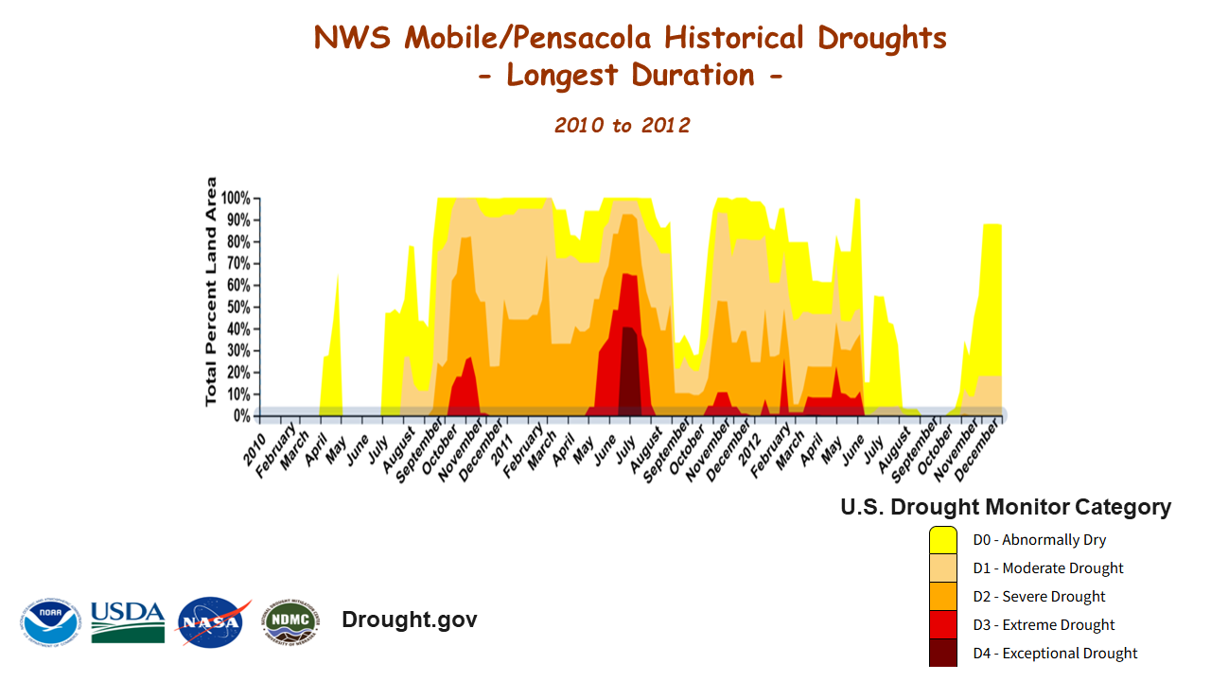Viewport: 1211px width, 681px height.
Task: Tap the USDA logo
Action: click(x=128, y=621)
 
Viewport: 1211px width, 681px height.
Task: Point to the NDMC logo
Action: click(x=290, y=621)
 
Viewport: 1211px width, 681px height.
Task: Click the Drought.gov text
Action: click(x=409, y=620)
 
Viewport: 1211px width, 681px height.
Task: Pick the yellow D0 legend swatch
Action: click(x=943, y=540)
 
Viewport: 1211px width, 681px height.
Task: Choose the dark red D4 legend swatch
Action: click(x=943, y=654)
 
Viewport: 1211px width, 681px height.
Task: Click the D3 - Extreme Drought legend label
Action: click(x=1044, y=625)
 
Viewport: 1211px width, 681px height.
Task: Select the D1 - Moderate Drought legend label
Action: click(x=1048, y=568)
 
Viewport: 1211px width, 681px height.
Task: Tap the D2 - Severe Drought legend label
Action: click(x=1039, y=597)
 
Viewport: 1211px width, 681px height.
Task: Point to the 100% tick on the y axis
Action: click(x=237, y=199)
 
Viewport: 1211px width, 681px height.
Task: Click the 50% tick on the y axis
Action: click(x=238, y=307)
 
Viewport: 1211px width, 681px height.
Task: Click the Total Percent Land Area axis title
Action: click(x=211, y=291)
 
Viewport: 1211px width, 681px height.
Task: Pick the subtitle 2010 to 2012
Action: click(x=622, y=125)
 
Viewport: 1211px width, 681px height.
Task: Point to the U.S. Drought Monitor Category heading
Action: click(x=1006, y=507)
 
